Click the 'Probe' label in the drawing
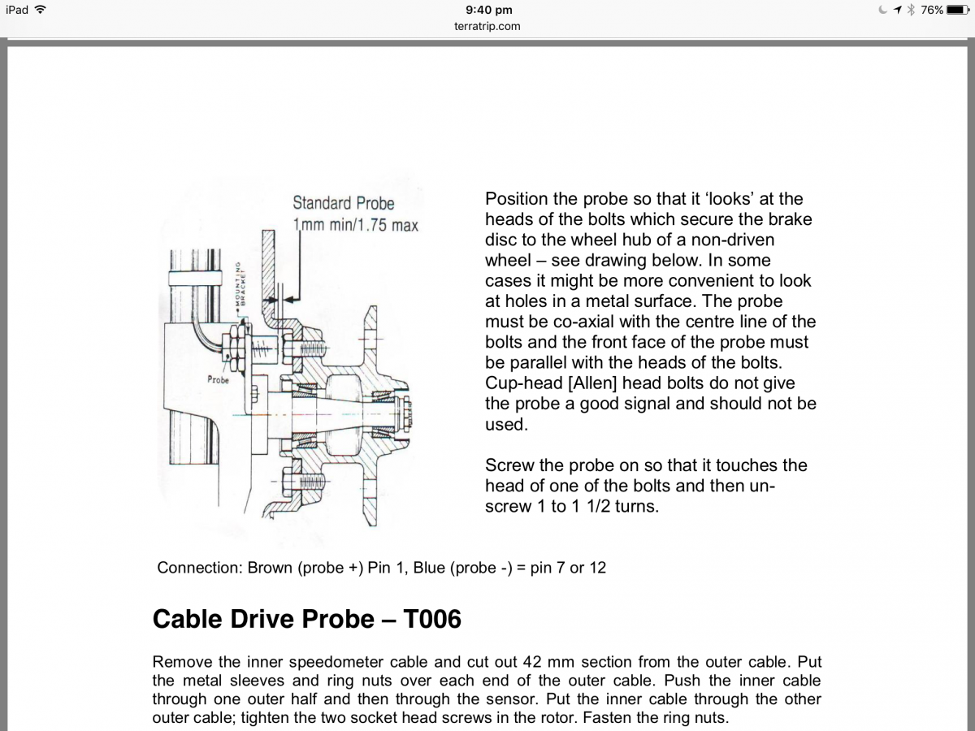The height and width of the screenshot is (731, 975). click(218, 379)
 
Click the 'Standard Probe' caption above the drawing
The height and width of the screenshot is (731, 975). click(343, 203)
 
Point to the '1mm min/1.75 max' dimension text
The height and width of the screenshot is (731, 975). click(355, 224)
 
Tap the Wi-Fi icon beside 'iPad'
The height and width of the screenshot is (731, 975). click(41, 10)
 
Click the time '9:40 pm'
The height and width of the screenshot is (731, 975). click(488, 10)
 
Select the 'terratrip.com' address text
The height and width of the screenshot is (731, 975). click(487, 26)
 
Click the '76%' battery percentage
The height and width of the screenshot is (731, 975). click(932, 10)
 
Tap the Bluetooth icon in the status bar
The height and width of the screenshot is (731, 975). click(911, 10)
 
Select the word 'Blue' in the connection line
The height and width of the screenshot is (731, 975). click(429, 568)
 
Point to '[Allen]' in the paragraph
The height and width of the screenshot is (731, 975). click(588, 383)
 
